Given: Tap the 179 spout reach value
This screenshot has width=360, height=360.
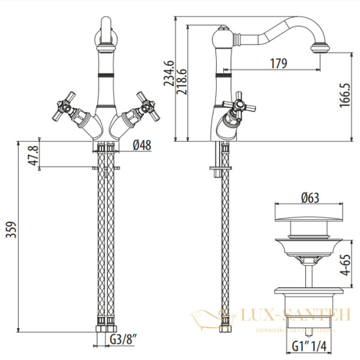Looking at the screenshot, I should point(278,63).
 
